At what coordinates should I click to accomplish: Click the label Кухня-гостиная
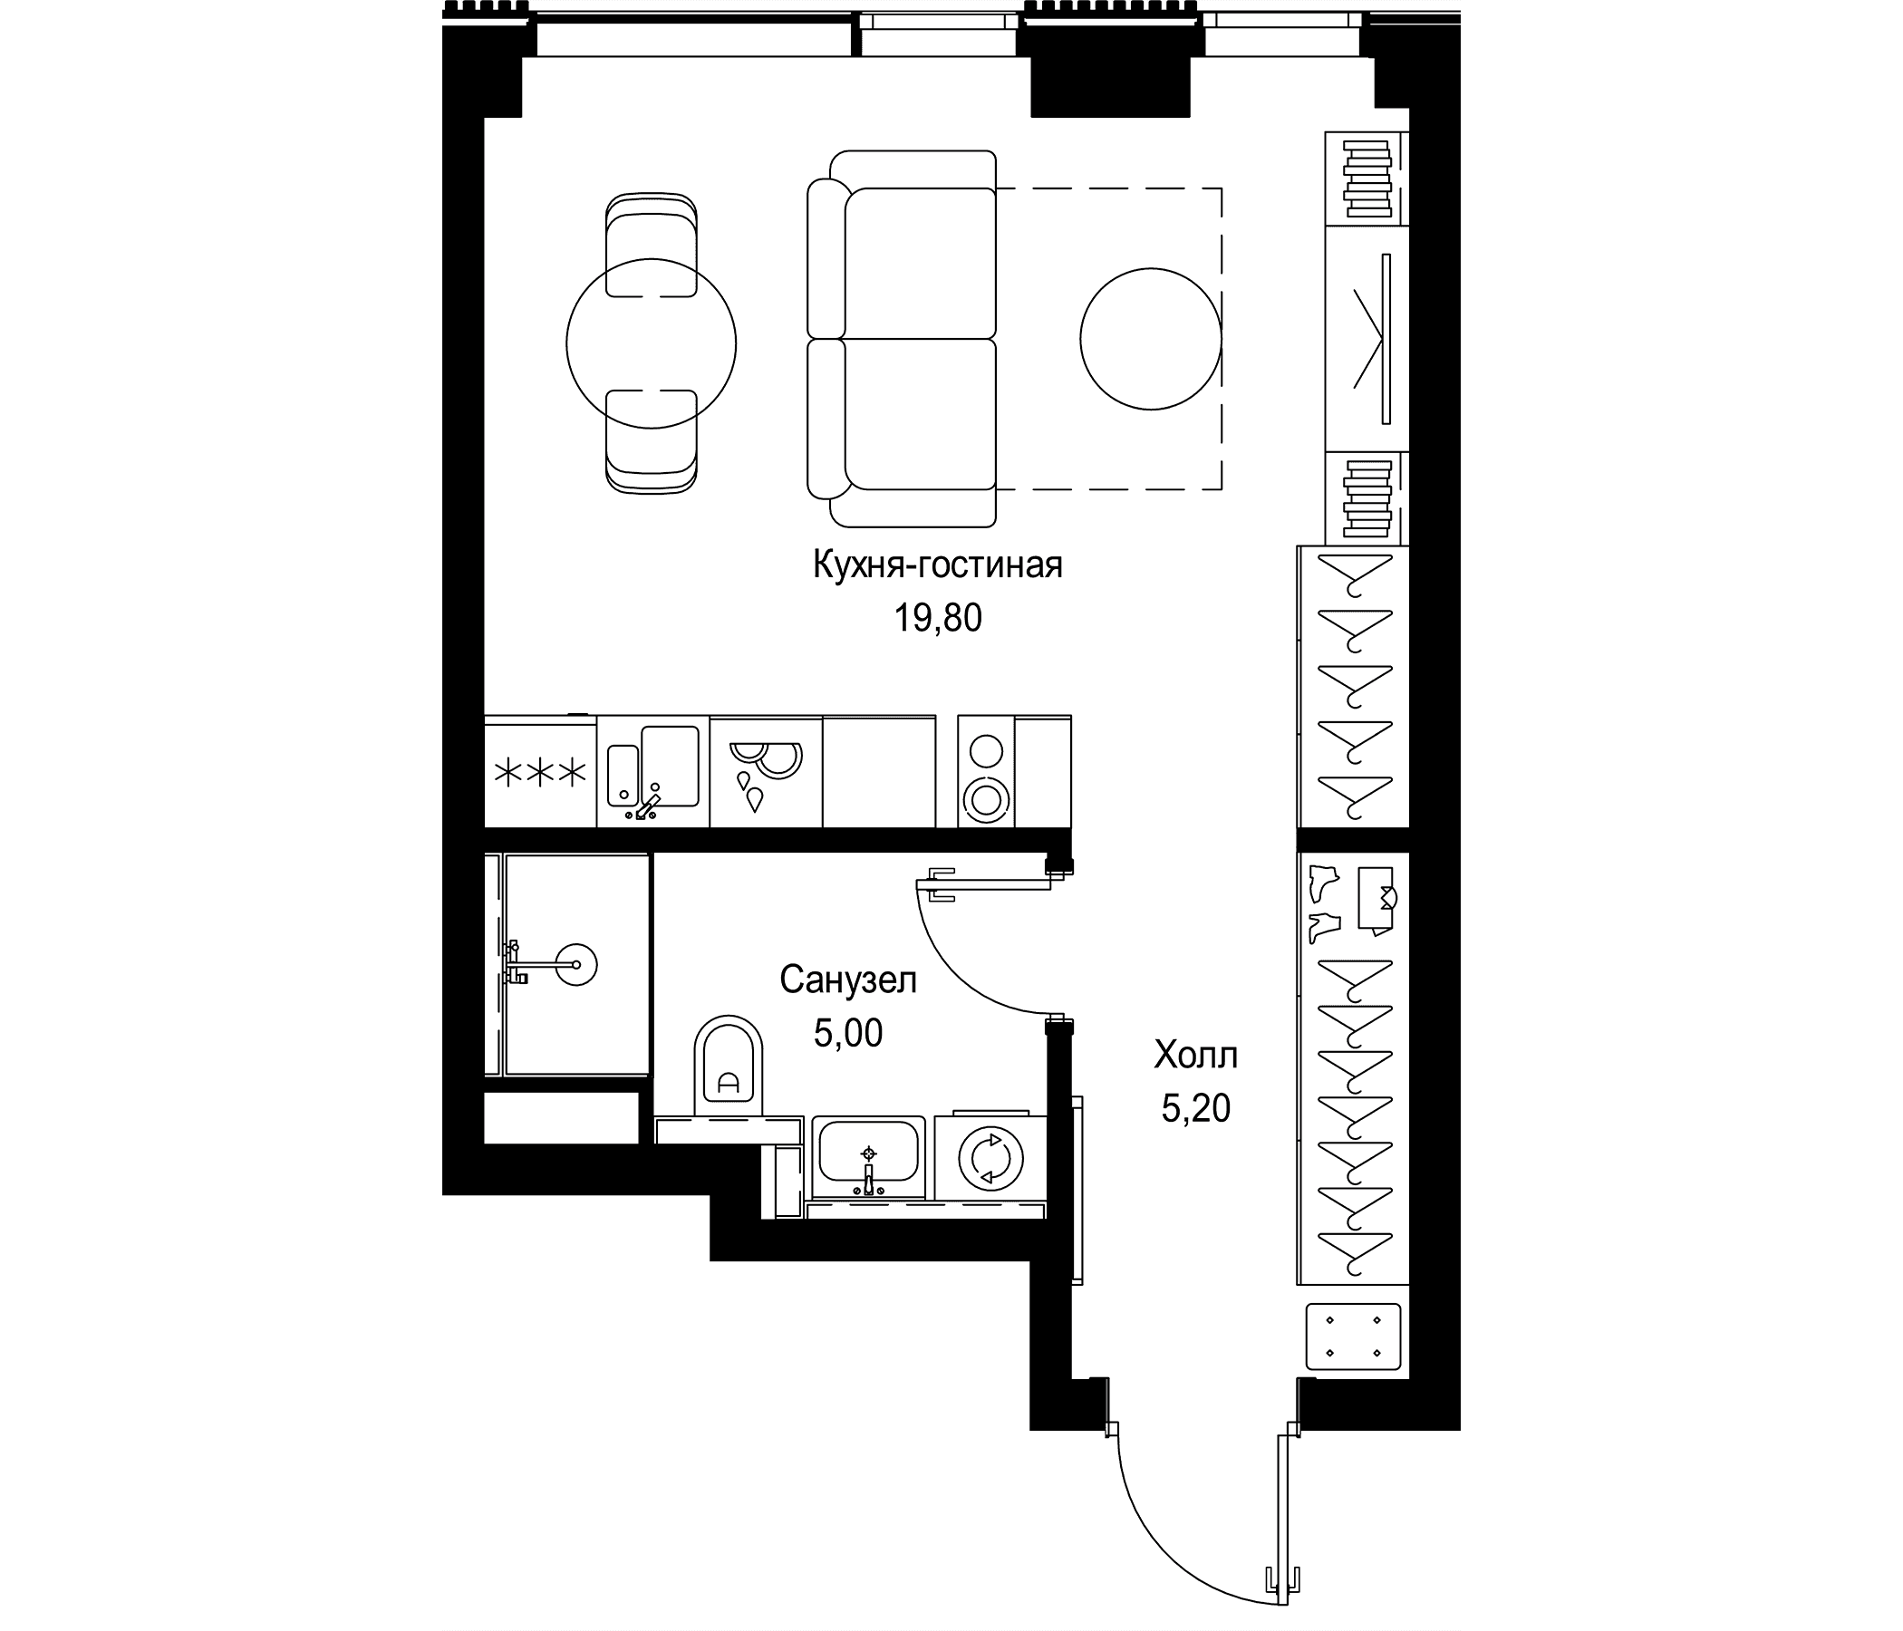click(x=938, y=565)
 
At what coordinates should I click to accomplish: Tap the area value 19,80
click(x=938, y=619)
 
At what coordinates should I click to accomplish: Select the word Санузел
click(x=847, y=980)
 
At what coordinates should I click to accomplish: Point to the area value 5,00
click(x=847, y=1033)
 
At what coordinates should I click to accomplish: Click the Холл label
click(x=1196, y=1057)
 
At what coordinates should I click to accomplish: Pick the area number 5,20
click(x=1196, y=1109)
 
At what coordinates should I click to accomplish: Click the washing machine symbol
click(x=991, y=1158)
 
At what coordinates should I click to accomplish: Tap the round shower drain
click(x=575, y=964)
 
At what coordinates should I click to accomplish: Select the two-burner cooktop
click(x=987, y=771)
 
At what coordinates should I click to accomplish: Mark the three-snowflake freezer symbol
click(x=540, y=772)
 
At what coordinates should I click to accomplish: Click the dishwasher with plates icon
click(x=765, y=771)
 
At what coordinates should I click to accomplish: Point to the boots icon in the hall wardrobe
click(x=1323, y=903)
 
